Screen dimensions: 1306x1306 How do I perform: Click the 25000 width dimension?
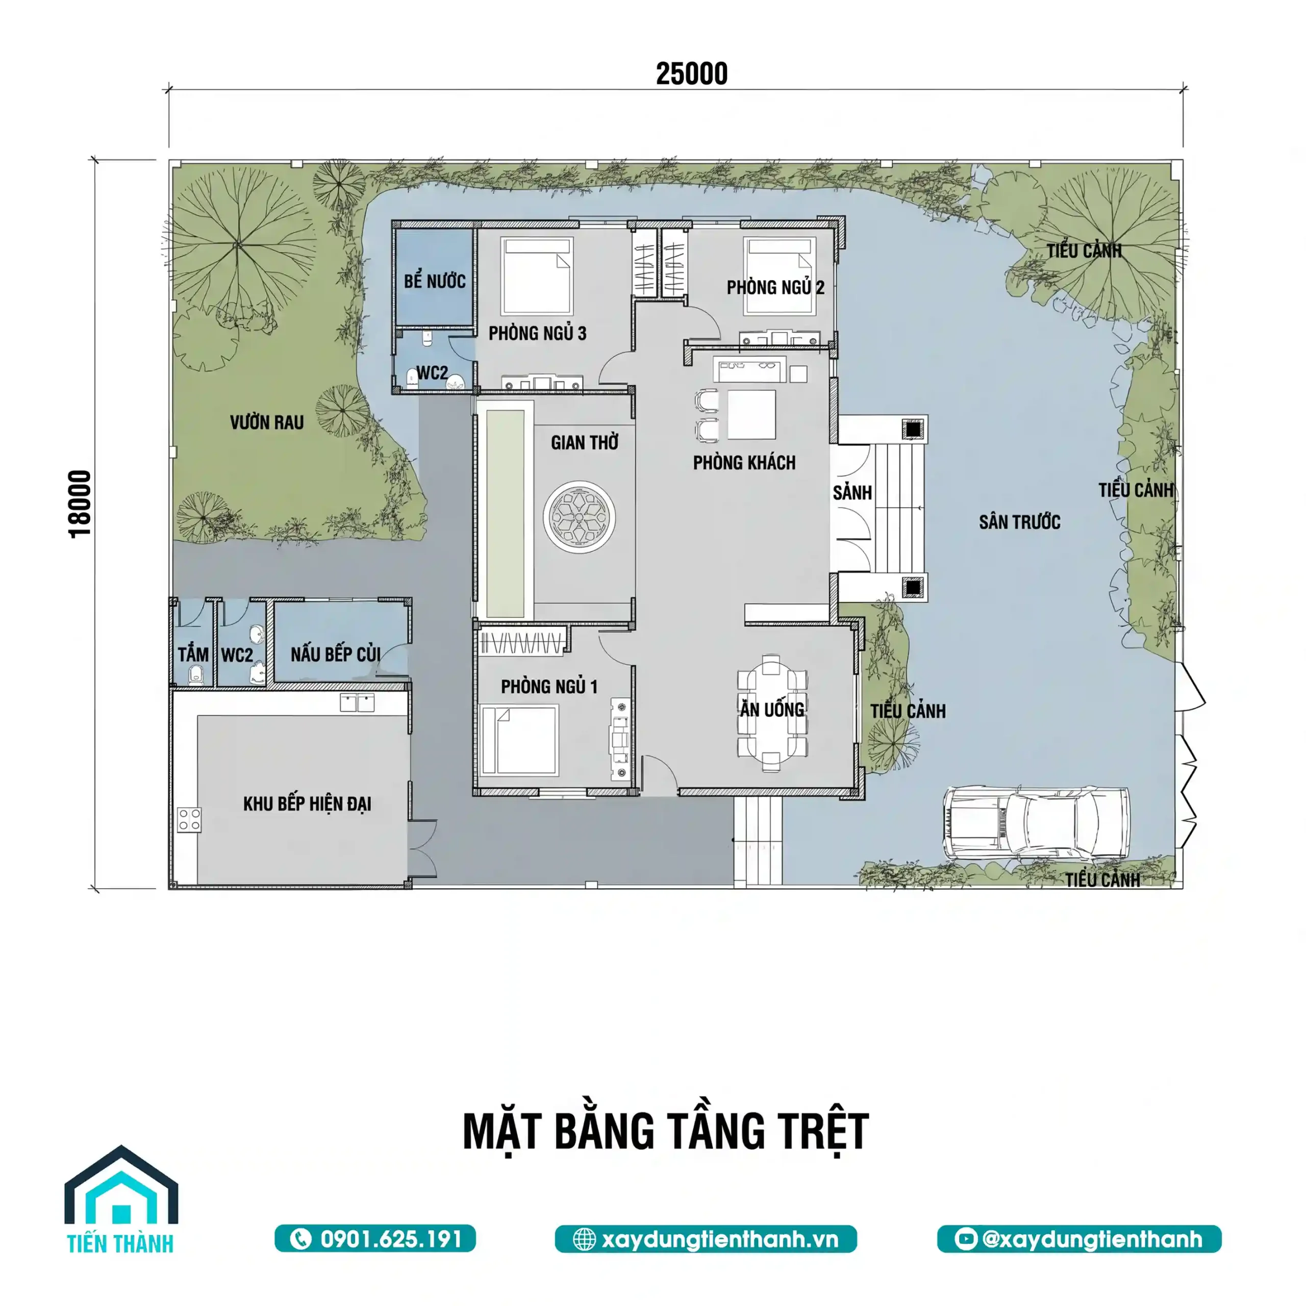[692, 73]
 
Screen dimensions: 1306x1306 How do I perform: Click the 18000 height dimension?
[80, 504]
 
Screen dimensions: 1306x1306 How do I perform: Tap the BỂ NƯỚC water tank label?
[435, 281]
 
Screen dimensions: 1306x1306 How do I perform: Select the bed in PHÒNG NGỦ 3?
[537, 275]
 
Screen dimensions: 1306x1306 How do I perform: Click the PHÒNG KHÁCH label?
[744, 463]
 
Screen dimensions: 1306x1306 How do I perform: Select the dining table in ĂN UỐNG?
[772, 713]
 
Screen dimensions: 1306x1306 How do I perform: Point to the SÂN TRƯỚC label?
[1019, 522]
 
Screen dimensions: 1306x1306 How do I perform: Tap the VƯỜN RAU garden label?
[266, 422]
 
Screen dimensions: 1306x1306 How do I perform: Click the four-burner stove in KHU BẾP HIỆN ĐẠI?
[189, 819]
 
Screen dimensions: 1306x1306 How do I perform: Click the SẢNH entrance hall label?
[852, 492]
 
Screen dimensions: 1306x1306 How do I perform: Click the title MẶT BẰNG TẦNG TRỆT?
[666, 1131]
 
